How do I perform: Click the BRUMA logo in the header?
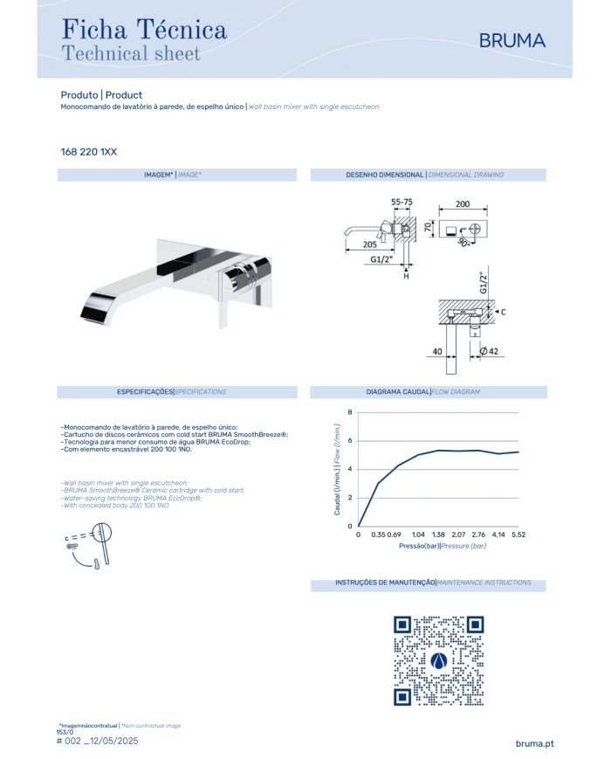pos(511,41)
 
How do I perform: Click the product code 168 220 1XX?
pos(88,152)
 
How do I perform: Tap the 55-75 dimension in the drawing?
pos(402,202)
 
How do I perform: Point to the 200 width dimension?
pos(463,204)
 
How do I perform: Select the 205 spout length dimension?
pos(369,245)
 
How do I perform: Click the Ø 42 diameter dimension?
pos(489,351)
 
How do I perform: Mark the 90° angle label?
pos(463,243)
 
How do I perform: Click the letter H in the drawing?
pos(406,276)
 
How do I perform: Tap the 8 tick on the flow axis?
pos(350,412)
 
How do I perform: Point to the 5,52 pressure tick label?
pos(518,535)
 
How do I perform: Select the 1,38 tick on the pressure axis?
pos(438,535)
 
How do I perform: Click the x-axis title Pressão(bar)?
pos(419,546)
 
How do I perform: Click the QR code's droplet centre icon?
pos(439,660)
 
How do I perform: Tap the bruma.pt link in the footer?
pos(534,743)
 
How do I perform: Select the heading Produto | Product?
pos(101,95)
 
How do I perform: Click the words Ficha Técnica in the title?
pos(144,29)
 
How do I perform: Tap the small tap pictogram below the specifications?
pos(89,544)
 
